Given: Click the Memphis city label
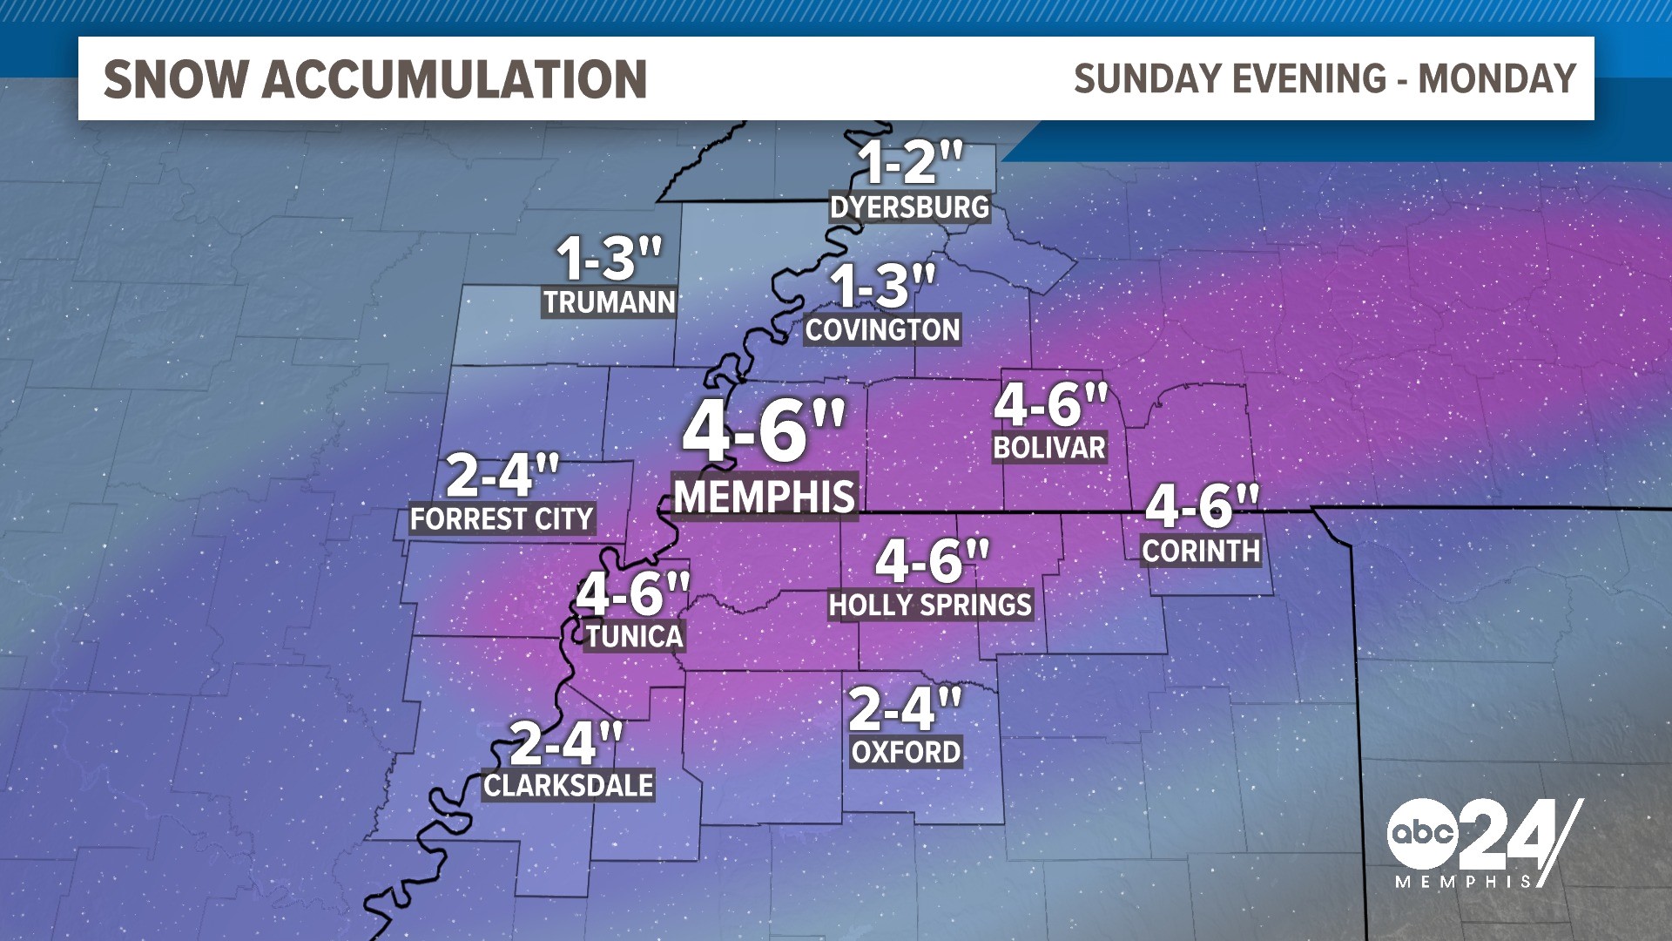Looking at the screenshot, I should (x=765, y=497).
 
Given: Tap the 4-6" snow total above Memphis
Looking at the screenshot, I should (x=764, y=430).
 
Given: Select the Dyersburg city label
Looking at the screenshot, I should (x=909, y=207).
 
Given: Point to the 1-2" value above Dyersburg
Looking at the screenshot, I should (x=909, y=162).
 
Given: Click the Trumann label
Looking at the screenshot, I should (x=610, y=302).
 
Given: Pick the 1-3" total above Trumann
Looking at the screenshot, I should (x=609, y=259).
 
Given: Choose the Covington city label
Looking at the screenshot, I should (x=882, y=330).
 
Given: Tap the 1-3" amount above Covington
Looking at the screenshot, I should (x=881, y=286).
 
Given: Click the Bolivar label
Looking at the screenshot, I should (x=1049, y=448).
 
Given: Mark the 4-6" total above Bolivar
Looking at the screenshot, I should (x=1050, y=404).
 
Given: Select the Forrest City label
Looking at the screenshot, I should (x=502, y=519).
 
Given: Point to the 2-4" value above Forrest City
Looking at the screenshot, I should (x=502, y=475).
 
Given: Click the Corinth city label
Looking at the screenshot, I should (x=1201, y=551).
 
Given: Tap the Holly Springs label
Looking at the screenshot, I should (x=930, y=605).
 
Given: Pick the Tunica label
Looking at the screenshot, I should (x=634, y=636).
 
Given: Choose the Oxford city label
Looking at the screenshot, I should (x=906, y=752).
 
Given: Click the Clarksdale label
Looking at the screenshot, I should (x=569, y=786).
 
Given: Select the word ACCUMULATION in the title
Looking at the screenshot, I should (x=454, y=79).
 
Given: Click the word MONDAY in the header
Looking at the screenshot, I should (x=1497, y=78).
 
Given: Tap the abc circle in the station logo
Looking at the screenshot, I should (x=1422, y=833).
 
